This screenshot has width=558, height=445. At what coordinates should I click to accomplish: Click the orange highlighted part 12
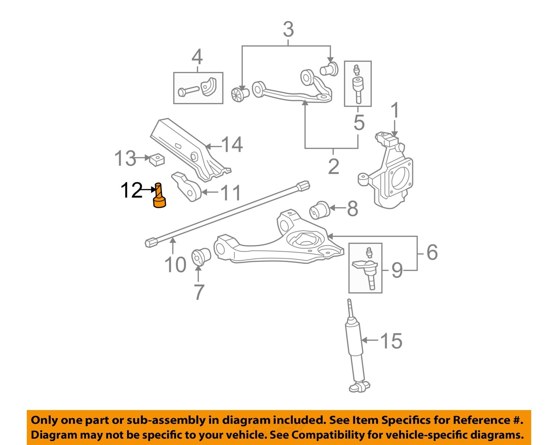[159, 196]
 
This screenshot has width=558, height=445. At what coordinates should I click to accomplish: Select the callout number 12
[131, 190]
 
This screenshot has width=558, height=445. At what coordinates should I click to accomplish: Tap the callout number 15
[391, 341]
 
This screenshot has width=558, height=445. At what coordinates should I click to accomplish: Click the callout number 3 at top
[288, 29]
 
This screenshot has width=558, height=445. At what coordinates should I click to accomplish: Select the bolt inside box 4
[188, 91]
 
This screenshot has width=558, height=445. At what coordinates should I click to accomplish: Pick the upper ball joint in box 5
[357, 85]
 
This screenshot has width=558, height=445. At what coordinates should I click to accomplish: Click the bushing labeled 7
[201, 257]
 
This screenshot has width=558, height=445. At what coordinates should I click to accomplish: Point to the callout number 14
[232, 145]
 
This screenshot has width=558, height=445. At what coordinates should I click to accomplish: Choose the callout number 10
[175, 265]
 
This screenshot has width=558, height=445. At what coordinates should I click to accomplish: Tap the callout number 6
[432, 252]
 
